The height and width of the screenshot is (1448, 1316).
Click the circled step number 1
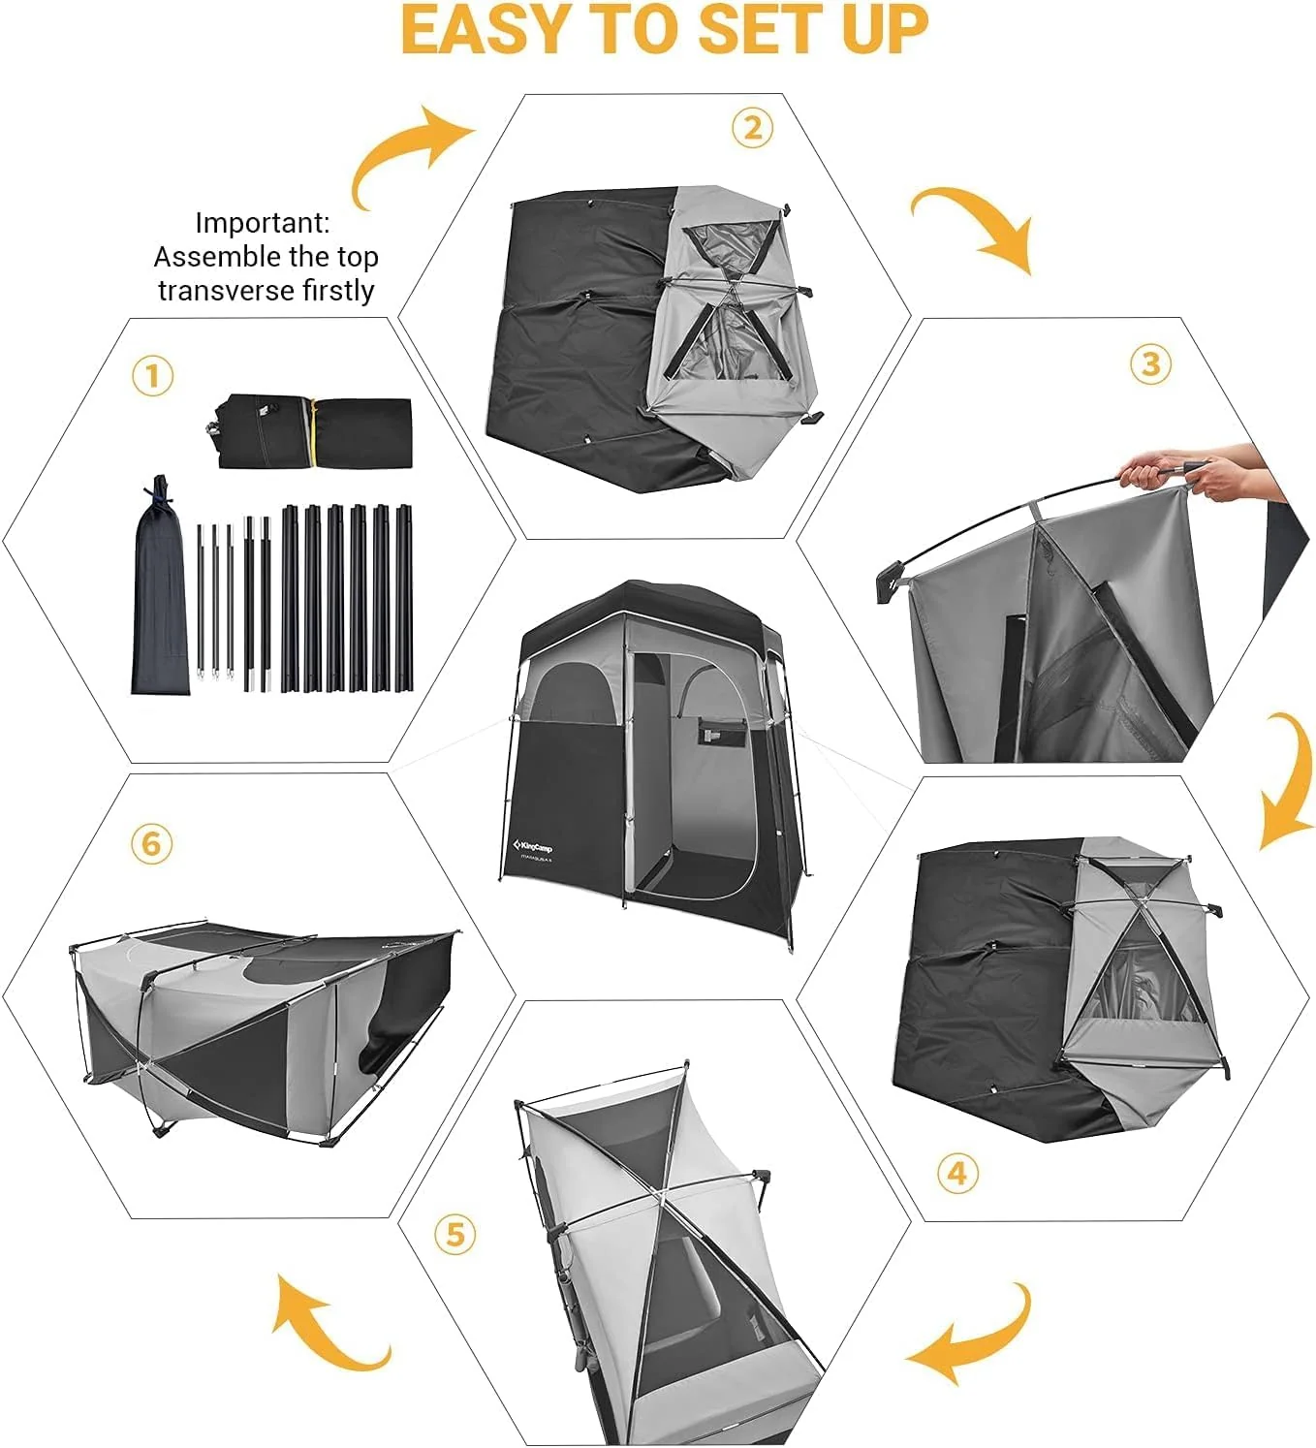(152, 375)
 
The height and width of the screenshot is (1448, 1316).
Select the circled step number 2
(753, 127)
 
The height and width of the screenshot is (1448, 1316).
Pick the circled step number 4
(957, 1174)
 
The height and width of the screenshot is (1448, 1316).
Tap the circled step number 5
(454, 1235)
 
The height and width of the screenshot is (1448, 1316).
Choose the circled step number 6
(151, 843)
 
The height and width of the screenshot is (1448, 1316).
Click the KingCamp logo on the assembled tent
(533, 845)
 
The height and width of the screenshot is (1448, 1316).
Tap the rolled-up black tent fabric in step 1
(310, 431)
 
